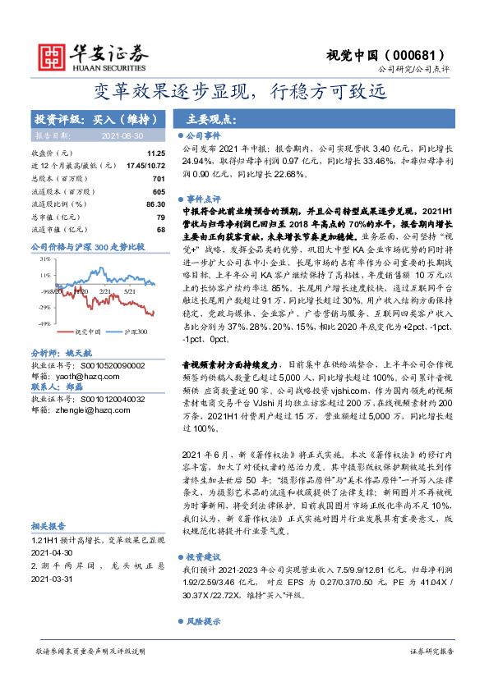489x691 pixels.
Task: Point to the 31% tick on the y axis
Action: (x=45, y=258)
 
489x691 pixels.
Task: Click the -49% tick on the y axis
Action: (x=44, y=324)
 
